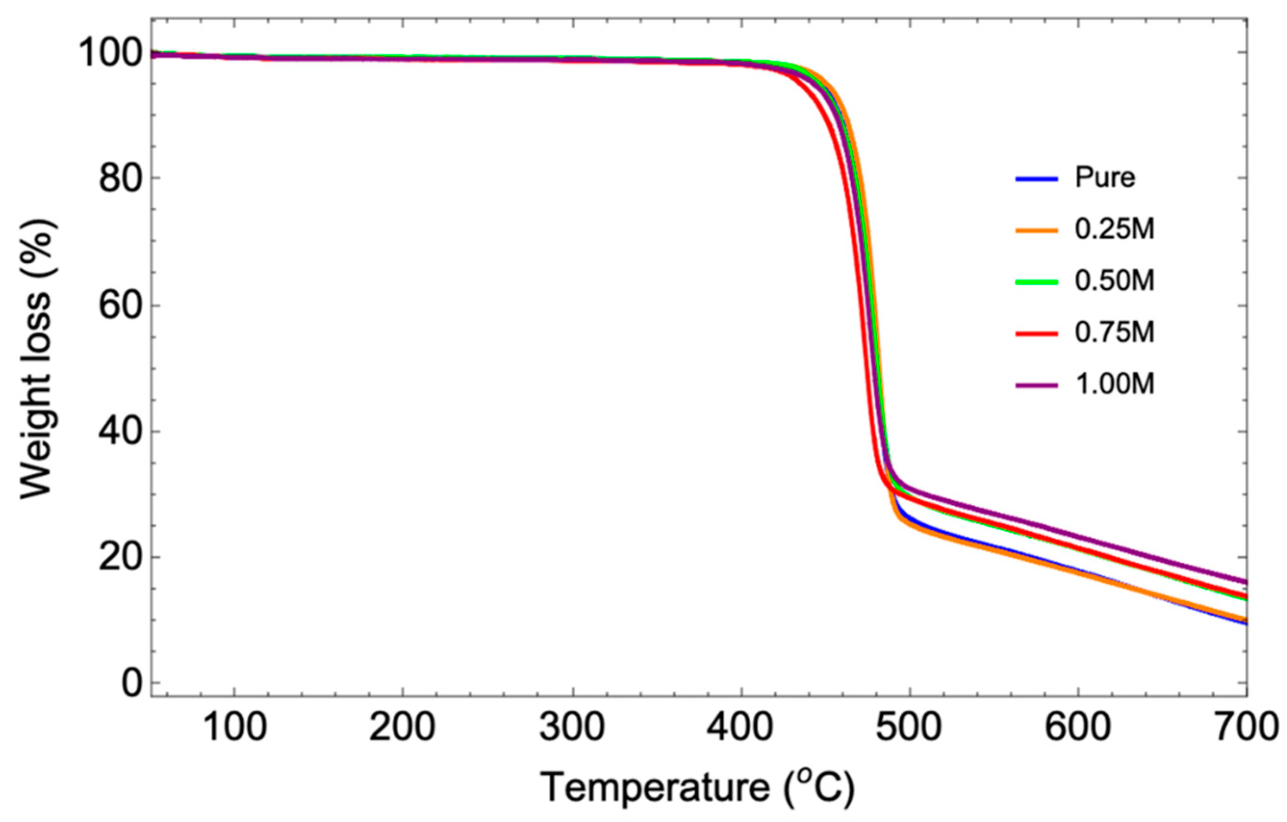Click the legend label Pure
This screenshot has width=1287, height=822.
pyautogui.click(x=1105, y=178)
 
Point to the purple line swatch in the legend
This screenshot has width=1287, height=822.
pyautogui.click(x=1036, y=385)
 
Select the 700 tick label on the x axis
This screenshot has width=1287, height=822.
pyautogui.click(x=1245, y=729)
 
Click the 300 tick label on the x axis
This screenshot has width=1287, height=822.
pyautogui.click(x=572, y=729)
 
